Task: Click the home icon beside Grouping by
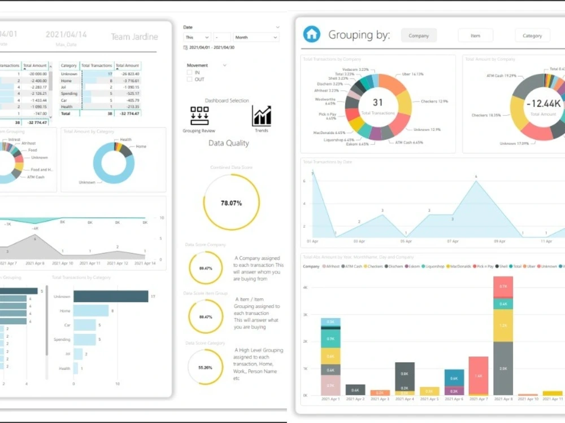point(311,34)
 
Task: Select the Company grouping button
point(419,36)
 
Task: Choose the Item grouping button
point(475,36)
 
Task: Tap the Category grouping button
point(532,36)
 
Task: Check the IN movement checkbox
point(189,72)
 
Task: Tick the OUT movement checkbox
point(189,79)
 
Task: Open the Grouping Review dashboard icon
point(199,116)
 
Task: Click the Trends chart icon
point(262,116)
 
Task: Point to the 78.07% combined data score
point(231,202)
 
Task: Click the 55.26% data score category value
point(205,367)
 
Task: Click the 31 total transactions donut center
point(377,103)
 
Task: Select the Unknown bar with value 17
point(110,296)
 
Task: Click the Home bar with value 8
point(91,311)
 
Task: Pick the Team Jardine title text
point(134,37)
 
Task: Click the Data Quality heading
point(228,143)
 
